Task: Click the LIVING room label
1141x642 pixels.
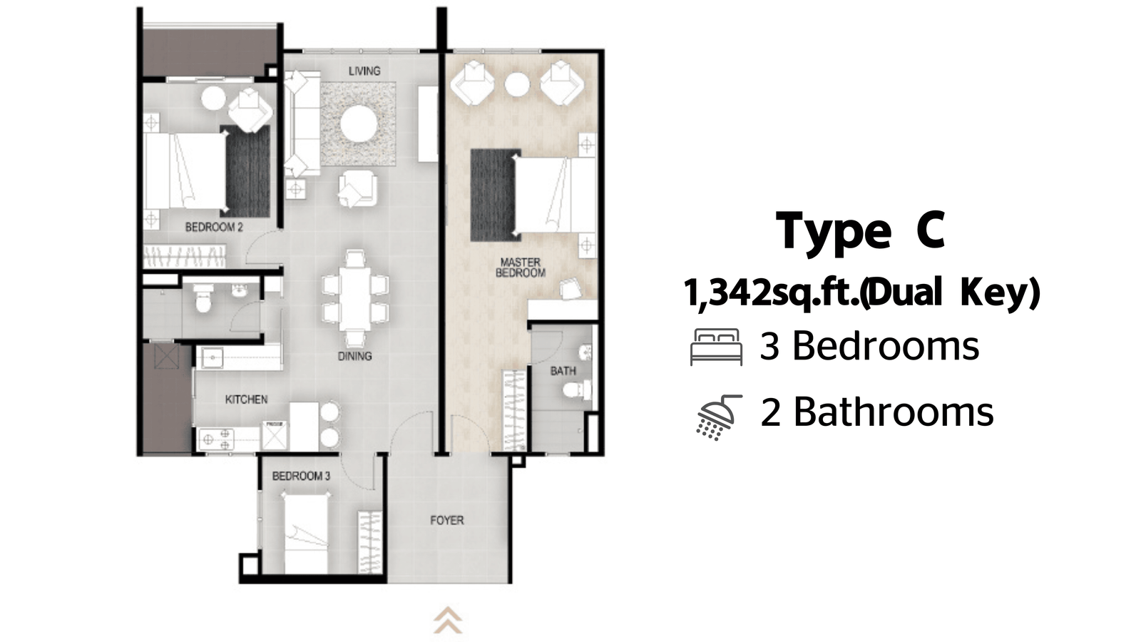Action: [x=364, y=71]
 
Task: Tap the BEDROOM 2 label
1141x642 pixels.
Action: [x=214, y=228]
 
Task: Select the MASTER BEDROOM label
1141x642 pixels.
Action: [x=521, y=267]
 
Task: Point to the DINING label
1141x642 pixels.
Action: [x=355, y=356]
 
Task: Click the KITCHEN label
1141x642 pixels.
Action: [x=247, y=399]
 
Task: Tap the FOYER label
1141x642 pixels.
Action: [x=447, y=520]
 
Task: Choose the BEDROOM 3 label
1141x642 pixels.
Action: [x=302, y=477]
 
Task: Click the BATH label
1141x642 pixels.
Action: [x=563, y=371]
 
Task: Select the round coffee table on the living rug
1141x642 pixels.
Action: [x=359, y=123]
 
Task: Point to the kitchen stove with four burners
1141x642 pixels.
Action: [x=215, y=439]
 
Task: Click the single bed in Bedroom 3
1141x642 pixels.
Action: [x=306, y=534]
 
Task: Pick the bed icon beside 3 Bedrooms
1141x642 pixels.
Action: [x=716, y=347]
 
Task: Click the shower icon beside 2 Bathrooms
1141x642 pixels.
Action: [x=718, y=417]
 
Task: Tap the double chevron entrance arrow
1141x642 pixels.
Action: [x=448, y=620]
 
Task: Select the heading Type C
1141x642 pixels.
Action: [x=861, y=232]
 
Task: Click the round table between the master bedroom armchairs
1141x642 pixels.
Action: [x=517, y=85]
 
